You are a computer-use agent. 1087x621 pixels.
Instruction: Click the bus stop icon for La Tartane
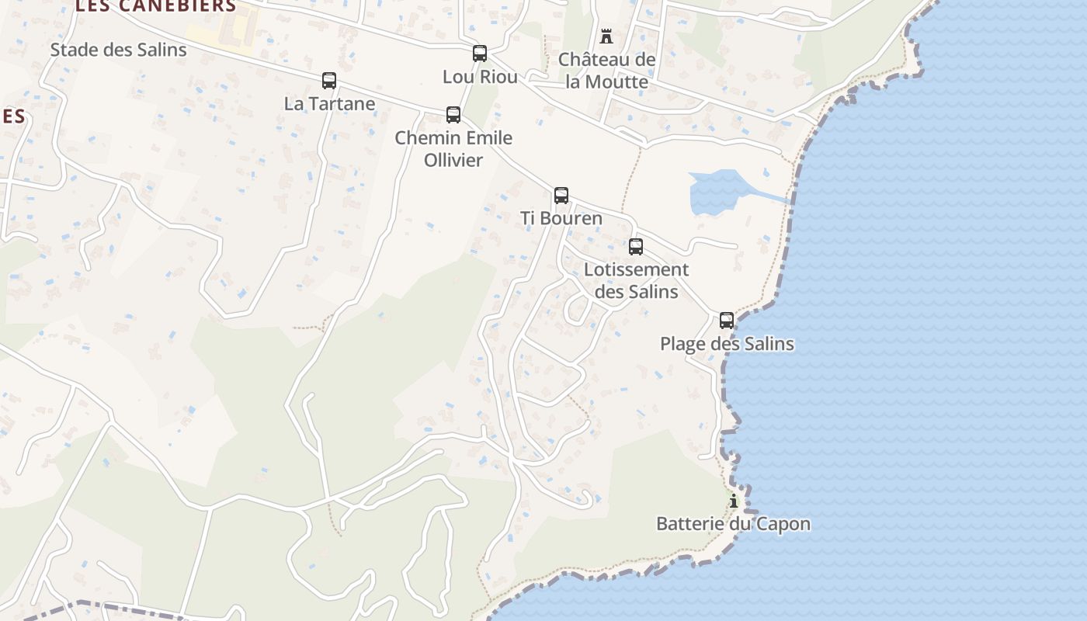pyautogui.click(x=329, y=81)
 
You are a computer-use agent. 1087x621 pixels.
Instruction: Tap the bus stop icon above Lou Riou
pyautogui.click(x=480, y=54)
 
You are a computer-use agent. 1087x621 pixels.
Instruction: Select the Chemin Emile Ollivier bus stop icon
pyautogui.click(x=453, y=115)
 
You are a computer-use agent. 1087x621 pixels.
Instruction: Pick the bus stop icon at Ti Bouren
pyautogui.click(x=561, y=196)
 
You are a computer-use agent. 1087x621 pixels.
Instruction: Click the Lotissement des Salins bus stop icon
pyautogui.click(x=636, y=247)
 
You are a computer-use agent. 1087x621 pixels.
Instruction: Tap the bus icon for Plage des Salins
pyautogui.click(x=727, y=320)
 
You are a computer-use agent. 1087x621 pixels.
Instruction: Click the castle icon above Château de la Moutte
pyautogui.click(x=606, y=36)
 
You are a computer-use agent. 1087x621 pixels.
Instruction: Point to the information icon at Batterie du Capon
pyautogui.click(x=734, y=501)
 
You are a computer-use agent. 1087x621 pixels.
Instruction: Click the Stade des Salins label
pyautogui.click(x=118, y=50)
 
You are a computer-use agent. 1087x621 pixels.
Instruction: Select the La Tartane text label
pyautogui.click(x=329, y=103)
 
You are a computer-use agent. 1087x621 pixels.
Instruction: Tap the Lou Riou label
pyautogui.click(x=480, y=76)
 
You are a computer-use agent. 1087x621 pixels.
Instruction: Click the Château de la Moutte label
pyautogui.click(x=607, y=71)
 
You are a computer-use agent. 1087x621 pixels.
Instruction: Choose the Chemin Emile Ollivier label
pyautogui.click(x=453, y=148)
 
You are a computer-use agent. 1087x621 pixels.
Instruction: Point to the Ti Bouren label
pyautogui.click(x=561, y=218)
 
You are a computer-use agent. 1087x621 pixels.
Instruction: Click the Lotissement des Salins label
pyautogui.click(x=636, y=280)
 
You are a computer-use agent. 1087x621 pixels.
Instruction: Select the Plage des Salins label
pyautogui.click(x=727, y=343)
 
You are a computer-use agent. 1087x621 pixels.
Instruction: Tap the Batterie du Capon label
pyautogui.click(x=734, y=524)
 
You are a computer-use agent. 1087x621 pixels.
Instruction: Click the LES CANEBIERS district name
pyautogui.click(x=156, y=6)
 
